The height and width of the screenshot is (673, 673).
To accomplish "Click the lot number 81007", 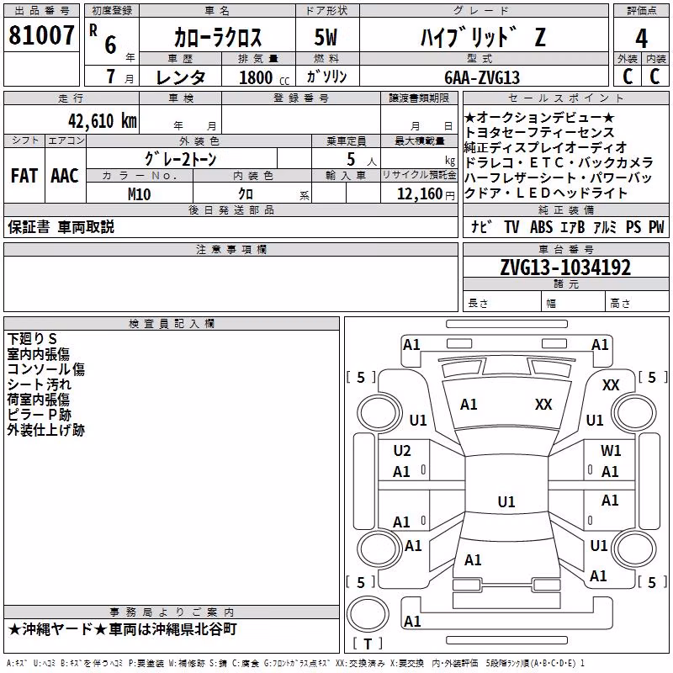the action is [x=41, y=35].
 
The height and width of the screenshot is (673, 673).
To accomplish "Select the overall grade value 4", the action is [x=641, y=39].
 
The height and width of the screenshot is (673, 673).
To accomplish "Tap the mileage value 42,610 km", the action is [x=103, y=121].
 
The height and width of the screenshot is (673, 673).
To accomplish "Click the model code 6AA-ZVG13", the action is [x=482, y=77].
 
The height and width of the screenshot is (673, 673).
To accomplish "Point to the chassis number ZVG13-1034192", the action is [x=565, y=268].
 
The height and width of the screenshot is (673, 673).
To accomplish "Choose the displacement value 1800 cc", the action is [x=264, y=77].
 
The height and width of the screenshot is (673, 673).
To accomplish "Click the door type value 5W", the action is [x=326, y=37].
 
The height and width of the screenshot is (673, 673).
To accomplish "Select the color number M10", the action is [x=139, y=194].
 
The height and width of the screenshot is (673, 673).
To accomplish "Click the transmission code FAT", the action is [x=24, y=176].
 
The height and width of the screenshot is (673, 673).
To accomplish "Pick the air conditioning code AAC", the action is [x=65, y=176].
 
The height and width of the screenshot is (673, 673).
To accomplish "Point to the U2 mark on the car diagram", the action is [x=402, y=451].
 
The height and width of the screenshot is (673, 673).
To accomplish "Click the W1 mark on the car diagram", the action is [x=611, y=451].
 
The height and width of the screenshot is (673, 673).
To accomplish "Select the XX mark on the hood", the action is [x=543, y=405].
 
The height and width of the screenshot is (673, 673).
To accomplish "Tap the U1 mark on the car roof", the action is [x=506, y=501].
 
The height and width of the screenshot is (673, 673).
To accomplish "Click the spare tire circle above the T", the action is [x=368, y=613].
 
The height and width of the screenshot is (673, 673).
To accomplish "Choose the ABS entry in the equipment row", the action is [x=541, y=227].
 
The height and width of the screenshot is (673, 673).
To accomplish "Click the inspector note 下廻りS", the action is [x=32, y=339].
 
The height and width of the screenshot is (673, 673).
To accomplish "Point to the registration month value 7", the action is [x=111, y=77].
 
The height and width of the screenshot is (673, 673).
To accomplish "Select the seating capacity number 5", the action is [x=351, y=160].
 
